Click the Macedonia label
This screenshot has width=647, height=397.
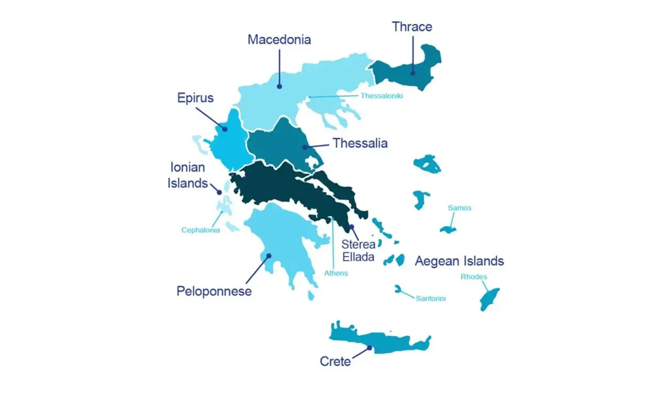tap(279, 40)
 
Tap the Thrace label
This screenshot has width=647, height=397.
tap(412, 26)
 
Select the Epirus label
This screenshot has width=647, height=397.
tap(195, 98)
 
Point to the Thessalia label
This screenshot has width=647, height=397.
tap(360, 143)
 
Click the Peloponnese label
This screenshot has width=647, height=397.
tap(214, 291)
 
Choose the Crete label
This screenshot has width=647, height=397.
tap(335, 362)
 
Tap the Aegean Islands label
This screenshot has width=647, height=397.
tap(459, 261)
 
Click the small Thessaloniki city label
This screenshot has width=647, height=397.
tap(382, 96)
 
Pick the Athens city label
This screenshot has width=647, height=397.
tap(336, 273)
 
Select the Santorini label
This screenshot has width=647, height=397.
tap(431, 298)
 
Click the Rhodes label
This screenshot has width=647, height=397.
tap(474, 277)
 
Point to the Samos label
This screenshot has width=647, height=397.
tap(459, 208)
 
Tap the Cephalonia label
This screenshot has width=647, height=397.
tap(201, 230)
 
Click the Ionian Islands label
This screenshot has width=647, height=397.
tap(187, 175)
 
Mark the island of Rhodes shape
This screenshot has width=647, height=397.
tap(488, 298)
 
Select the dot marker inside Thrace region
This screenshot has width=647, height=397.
tap(413, 73)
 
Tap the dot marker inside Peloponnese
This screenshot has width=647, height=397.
tap(269, 256)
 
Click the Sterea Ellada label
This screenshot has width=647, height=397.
tap(357, 251)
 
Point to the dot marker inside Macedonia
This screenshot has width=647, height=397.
tap(280, 86)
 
